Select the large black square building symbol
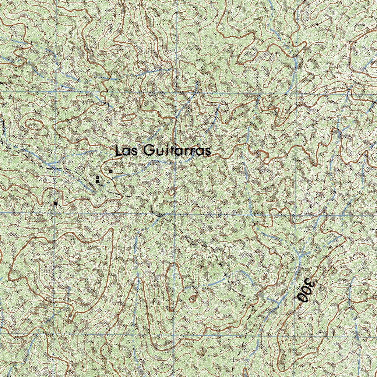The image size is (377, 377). pyautogui.click(x=55, y=203)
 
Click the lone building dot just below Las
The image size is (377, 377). pyautogui.click(x=110, y=171)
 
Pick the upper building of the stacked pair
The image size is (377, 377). pyautogui.click(x=98, y=177)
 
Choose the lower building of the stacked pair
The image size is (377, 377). pyautogui.click(x=97, y=182)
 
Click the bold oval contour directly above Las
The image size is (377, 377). pyautogui.click(x=129, y=117)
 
